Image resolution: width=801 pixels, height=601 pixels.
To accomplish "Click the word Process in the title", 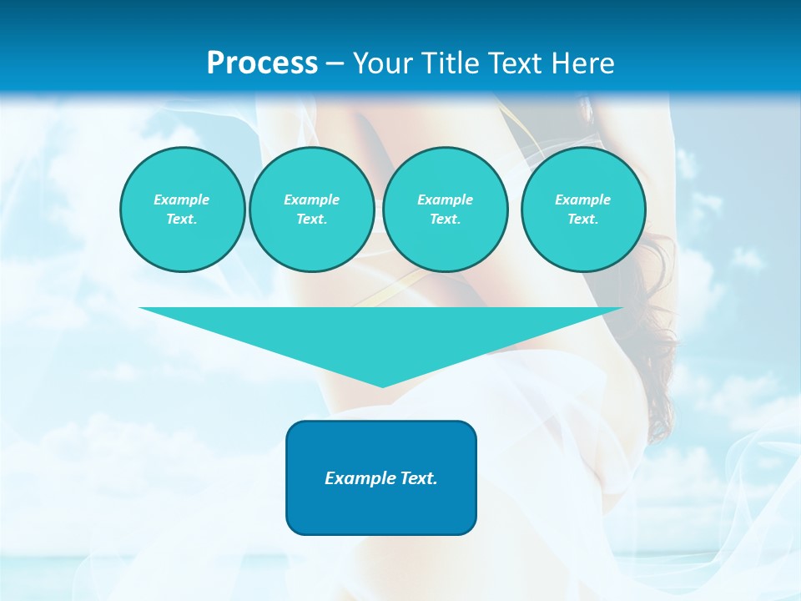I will pos(262,63).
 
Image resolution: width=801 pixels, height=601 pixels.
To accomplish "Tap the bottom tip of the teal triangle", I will pos(382,386).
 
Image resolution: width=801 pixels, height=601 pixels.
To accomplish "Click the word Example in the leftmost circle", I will pos(182,199).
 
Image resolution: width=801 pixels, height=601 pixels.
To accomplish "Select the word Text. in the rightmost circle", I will pos(582,219).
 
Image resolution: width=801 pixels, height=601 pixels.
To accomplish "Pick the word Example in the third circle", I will pos(445,199).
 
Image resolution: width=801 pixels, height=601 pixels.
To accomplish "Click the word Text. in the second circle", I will pos(311,219).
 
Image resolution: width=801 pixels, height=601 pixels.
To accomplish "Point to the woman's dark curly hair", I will pos(659,334).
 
